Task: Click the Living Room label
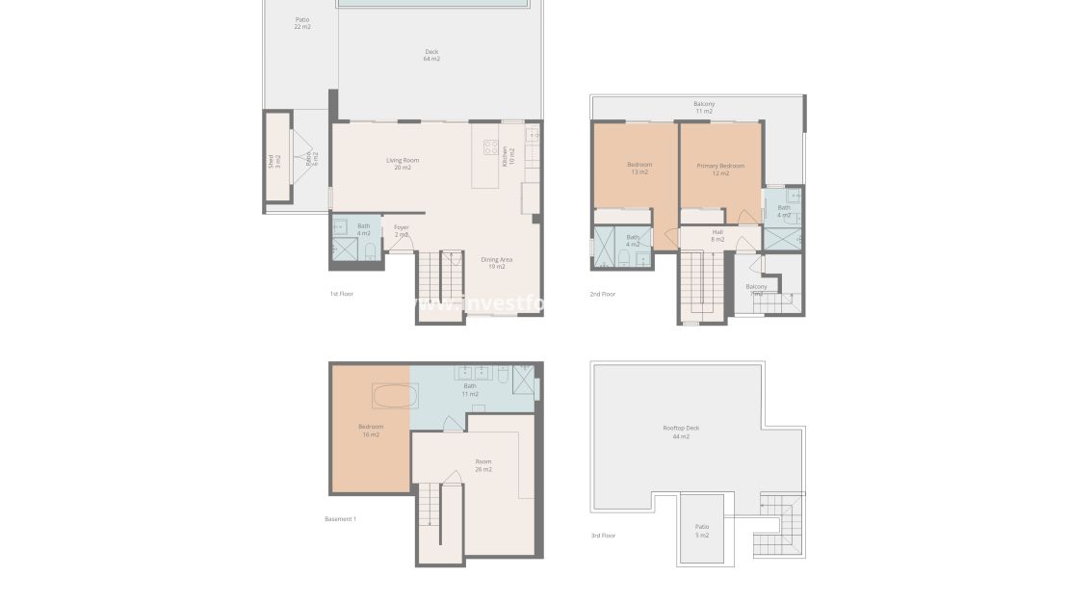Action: [x=403, y=164]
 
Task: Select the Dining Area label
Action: [x=496, y=262]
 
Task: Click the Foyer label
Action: [x=402, y=231]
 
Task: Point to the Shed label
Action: [x=274, y=162]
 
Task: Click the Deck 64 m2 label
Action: [x=431, y=55]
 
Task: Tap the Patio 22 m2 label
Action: [x=302, y=23]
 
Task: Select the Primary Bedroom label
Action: [x=720, y=170]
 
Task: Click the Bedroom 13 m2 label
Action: [x=639, y=169]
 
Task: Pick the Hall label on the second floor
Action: [x=717, y=235]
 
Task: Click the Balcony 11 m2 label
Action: [x=704, y=107]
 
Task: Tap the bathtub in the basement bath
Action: [x=395, y=396]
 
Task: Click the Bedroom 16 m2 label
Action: [x=371, y=431]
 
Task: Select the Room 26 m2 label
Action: [x=483, y=465]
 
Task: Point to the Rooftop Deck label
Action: [x=681, y=432]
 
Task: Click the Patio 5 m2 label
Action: [x=702, y=531]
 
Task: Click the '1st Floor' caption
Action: [x=341, y=293]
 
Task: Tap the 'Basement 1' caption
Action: [x=340, y=519]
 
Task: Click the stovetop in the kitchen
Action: [x=490, y=148]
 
